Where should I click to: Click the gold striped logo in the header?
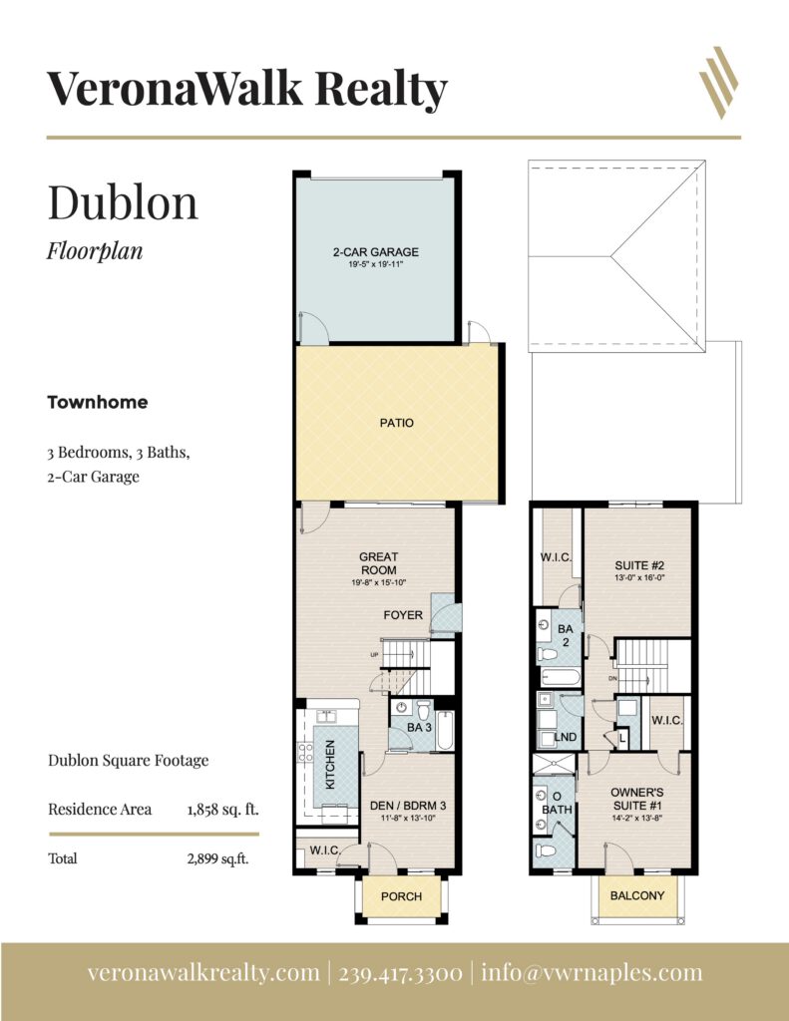coord(718,82)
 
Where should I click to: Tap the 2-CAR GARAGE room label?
coord(376,252)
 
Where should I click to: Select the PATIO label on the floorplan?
coord(397,423)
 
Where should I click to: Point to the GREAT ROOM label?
coord(378,563)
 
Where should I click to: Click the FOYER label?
coord(403,615)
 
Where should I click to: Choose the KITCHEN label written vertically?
coord(330,765)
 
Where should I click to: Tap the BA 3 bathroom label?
coord(419,727)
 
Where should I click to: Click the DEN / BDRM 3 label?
coord(408,806)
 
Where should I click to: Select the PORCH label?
coord(401,896)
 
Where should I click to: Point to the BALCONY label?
coord(637,896)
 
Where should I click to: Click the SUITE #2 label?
coord(639,566)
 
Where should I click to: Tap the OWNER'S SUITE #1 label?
coord(637,799)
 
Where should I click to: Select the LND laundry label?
coord(565,737)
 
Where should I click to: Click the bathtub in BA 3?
coord(445,731)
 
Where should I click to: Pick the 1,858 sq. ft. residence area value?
coord(222,810)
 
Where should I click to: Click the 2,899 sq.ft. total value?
coord(217,858)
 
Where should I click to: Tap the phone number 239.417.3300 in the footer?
coord(401,973)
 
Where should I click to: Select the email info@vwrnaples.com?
coord(592,973)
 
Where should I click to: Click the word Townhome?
coord(97,403)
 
